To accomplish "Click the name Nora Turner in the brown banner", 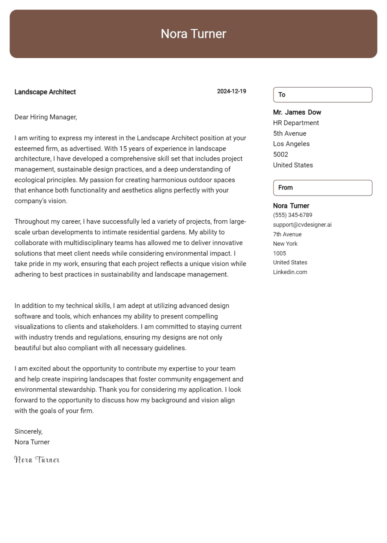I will tap(193, 34).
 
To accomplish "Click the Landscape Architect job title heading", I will tap(45, 92).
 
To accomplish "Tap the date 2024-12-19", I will tap(231, 91).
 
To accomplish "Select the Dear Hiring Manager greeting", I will tap(46, 117).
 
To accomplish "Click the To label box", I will tap(322, 95).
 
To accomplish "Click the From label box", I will tap(322, 188).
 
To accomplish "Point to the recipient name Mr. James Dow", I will tap(297, 112).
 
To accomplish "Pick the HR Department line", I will tap(296, 123).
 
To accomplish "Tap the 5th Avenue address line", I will tap(289, 133).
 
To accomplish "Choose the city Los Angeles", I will tap(291, 144).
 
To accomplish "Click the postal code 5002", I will tap(281, 154).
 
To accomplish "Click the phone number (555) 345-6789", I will tap(292, 215).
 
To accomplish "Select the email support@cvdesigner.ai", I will tap(302, 224).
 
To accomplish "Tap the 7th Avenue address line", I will tap(287, 234).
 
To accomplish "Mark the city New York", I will tap(285, 244).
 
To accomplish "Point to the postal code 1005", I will tap(280, 253).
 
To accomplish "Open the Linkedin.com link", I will tap(290, 272).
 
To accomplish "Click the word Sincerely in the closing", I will tap(28, 431).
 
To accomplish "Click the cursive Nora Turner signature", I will tap(37, 460).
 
